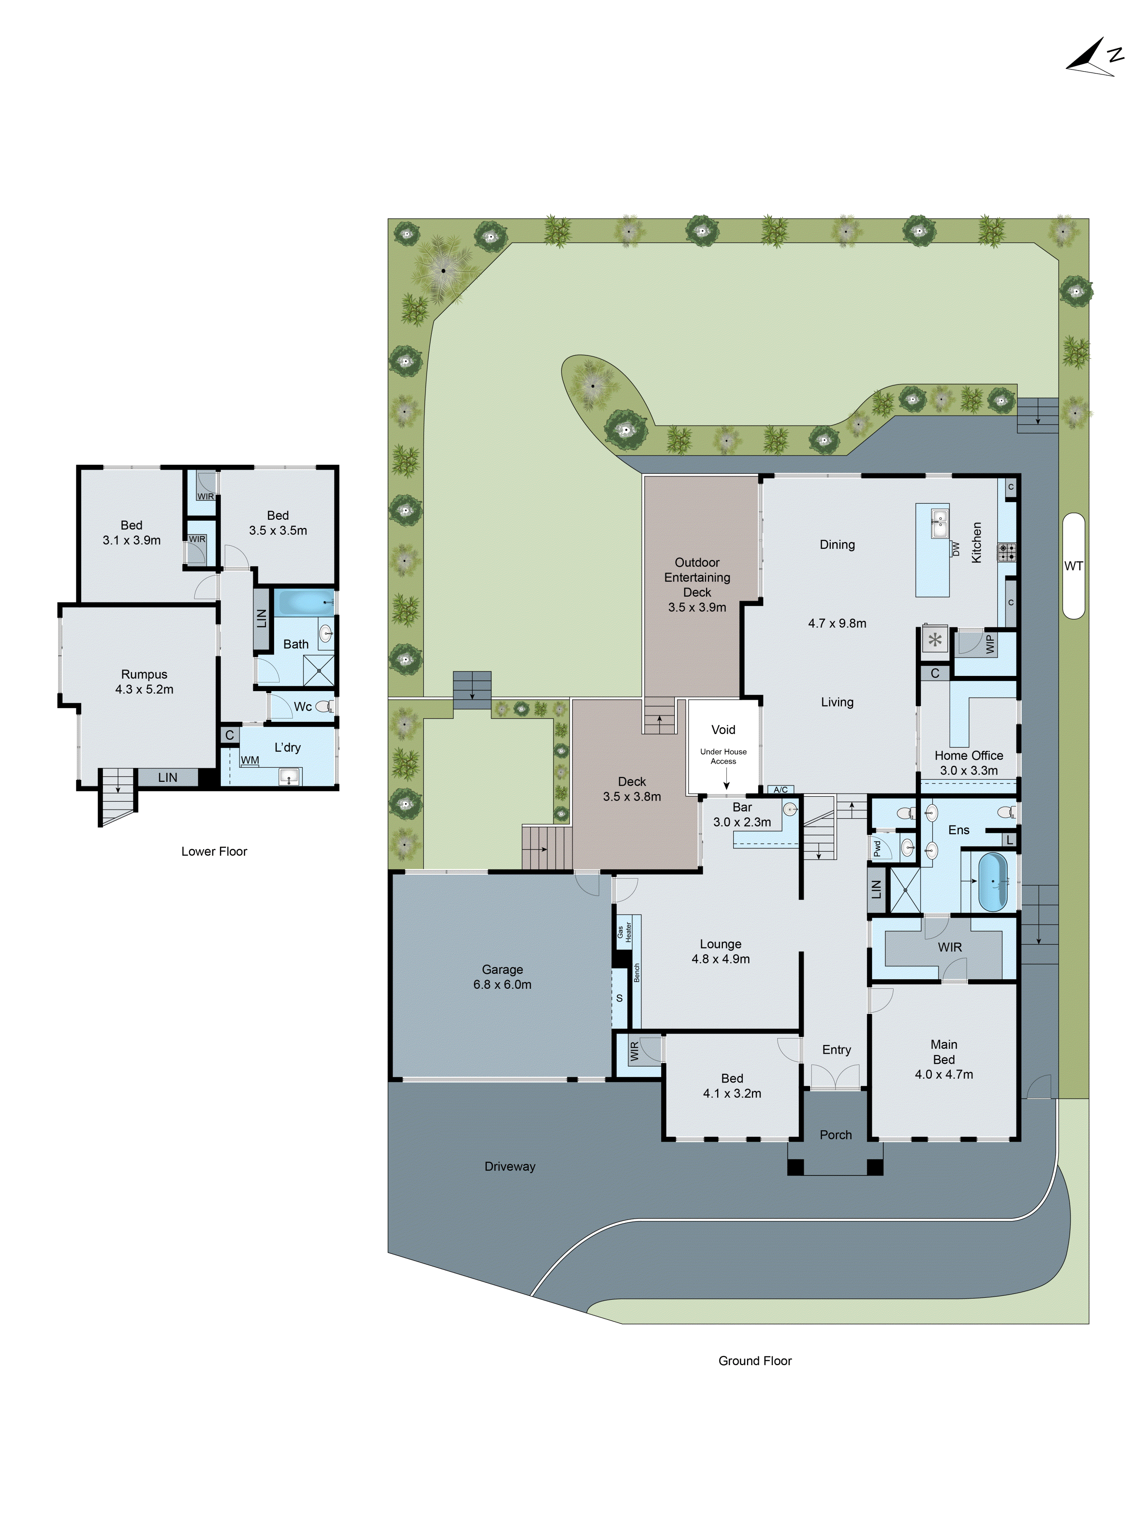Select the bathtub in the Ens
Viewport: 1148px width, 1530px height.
pyautogui.click(x=992, y=882)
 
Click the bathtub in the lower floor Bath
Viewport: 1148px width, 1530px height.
pyautogui.click(x=305, y=602)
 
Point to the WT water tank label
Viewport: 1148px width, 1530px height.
pyautogui.click(x=1073, y=566)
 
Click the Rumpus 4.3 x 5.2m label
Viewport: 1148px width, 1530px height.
pyautogui.click(x=144, y=681)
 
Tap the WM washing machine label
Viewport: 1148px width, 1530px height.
pyautogui.click(x=250, y=760)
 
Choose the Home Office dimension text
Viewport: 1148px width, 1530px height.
pyautogui.click(x=968, y=770)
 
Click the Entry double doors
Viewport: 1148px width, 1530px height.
pyautogui.click(x=835, y=1078)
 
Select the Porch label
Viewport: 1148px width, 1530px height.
pyautogui.click(x=835, y=1135)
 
